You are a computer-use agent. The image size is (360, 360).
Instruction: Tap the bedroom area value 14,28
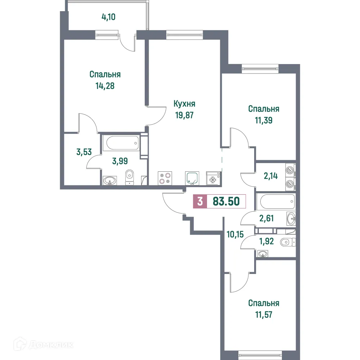105,86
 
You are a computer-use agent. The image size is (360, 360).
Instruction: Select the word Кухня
184,104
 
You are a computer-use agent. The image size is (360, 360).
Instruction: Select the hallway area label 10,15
235,234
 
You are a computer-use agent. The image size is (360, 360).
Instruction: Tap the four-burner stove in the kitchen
165,178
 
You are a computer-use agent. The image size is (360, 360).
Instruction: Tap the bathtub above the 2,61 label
275,202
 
